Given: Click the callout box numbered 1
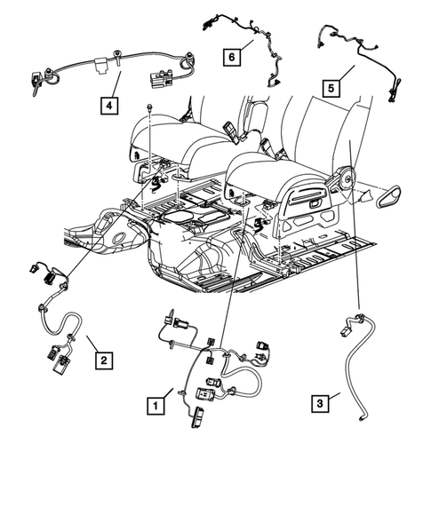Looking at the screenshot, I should [156, 406].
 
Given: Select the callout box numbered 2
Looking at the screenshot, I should [104, 360].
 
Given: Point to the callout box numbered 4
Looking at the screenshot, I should [109, 107].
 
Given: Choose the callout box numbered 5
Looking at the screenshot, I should [329, 88].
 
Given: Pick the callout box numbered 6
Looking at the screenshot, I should [231, 57].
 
